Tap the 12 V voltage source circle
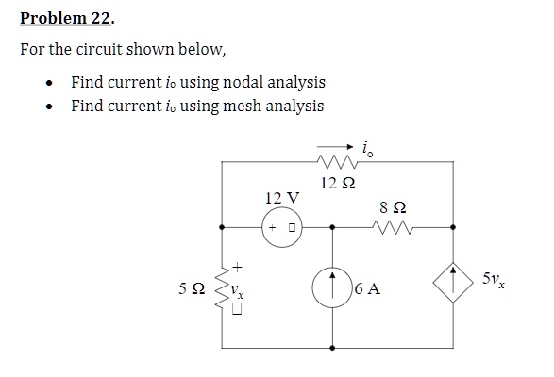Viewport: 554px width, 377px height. (x=280, y=227)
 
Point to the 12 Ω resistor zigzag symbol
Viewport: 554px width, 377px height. (x=336, y=162)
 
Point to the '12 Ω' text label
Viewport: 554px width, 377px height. (x=336, y=182)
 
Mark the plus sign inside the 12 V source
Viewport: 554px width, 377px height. (x=272, y=228)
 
